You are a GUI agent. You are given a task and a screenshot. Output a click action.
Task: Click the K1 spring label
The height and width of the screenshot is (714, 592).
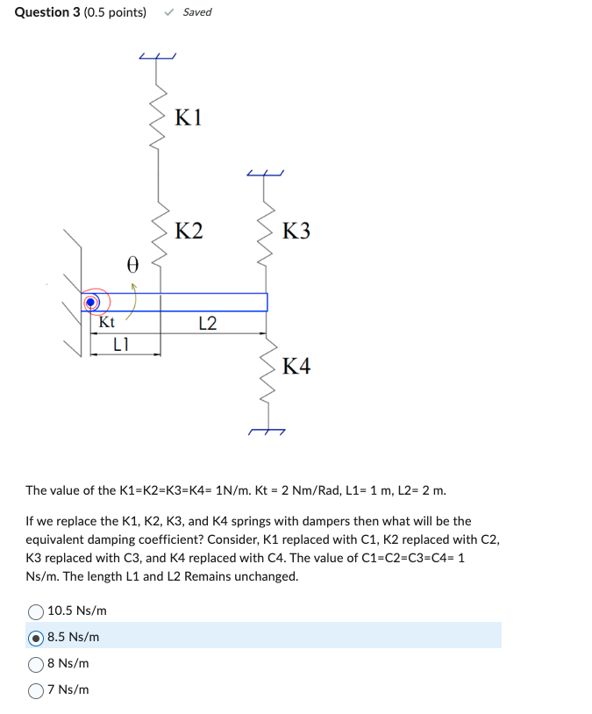(x=189, y=117)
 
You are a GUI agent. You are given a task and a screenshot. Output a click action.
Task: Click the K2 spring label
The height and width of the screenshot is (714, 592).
(x=189, y=232)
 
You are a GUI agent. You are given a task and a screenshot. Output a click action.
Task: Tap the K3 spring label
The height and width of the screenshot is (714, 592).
(x=296, y=232)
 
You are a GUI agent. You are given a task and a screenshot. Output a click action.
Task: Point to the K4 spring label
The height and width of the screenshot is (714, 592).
(x=296, y=366)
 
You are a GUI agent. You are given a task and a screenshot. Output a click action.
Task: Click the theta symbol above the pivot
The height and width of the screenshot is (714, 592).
(x=132, y=263)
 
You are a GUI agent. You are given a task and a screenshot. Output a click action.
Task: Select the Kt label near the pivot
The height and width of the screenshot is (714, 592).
(x=106, y=322)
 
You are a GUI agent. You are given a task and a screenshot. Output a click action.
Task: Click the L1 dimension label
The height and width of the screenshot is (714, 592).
(x=122, y=345)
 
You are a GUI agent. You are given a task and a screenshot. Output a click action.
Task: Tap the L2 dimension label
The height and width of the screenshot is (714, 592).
(x=208, y=324)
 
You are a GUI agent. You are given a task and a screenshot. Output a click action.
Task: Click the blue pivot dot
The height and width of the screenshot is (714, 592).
(x=90, y=303)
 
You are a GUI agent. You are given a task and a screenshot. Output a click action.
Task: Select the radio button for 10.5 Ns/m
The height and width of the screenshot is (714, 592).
(x=36, y=610)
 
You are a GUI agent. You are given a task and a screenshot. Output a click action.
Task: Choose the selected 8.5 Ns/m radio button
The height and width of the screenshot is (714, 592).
(x=36, y=637)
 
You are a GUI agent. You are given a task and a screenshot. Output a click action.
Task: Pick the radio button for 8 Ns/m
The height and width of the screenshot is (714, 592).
(x=36, y=663)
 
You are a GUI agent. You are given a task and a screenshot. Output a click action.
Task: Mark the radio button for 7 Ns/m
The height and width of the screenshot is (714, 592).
(x=36, y=689)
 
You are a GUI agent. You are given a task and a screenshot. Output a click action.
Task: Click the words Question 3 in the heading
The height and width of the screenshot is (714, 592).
(x=46, y=12)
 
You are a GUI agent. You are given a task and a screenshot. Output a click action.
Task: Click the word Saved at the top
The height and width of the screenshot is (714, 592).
(x=197, y=12)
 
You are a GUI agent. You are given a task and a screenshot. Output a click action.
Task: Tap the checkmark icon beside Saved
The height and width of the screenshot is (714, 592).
(x=169, y=12)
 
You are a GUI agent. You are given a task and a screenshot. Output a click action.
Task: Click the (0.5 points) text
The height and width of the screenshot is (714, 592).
(x=115, y=12)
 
